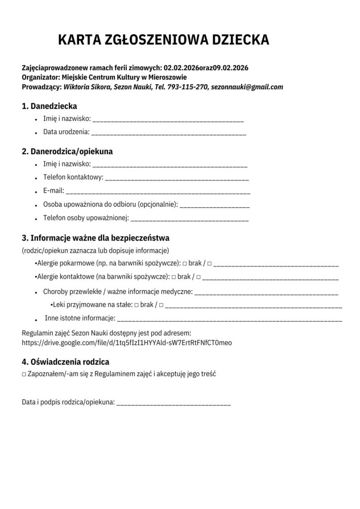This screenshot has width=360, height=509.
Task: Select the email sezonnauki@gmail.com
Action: tap(247, 86)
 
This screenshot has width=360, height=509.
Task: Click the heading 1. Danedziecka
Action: tap(49, 106)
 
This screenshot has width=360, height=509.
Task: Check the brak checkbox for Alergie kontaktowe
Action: tap(174, 277)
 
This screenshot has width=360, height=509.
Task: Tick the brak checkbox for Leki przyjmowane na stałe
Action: tap(136, 305)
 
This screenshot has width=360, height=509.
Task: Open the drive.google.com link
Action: tap(127, 342)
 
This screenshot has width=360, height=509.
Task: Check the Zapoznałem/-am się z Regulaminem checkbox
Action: tap(24, 374)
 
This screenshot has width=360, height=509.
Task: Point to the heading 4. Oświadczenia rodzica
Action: tap(65, 362)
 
